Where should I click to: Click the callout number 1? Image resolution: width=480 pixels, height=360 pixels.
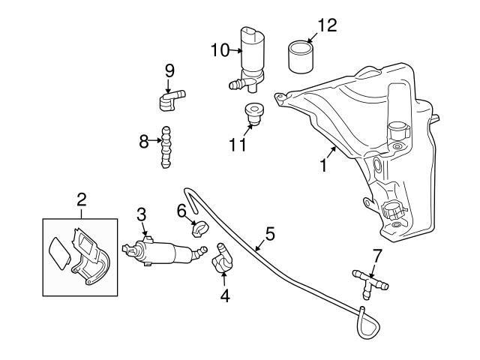323,163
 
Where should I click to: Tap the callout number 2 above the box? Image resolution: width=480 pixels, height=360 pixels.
82,199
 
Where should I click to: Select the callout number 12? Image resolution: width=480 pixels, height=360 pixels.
327,25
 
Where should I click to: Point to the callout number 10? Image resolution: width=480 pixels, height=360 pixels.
219,50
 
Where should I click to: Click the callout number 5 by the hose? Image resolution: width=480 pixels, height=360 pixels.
270,233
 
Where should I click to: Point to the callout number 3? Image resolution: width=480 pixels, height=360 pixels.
141,214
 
